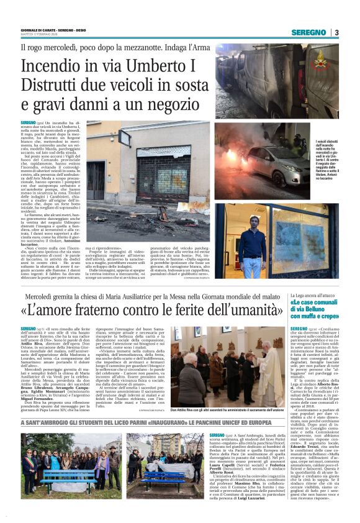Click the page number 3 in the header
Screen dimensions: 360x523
coord(336,32)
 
